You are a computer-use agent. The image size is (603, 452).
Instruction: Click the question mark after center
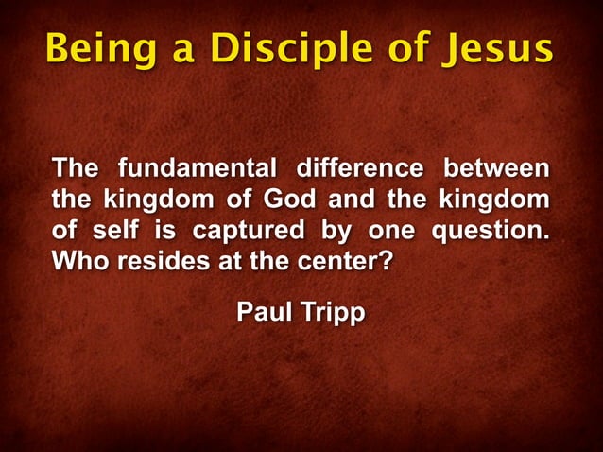coord(385,261)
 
